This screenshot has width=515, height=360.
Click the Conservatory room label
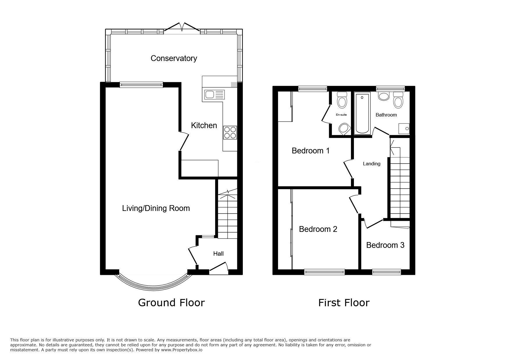point(174,58)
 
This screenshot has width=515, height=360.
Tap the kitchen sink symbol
point(215,94)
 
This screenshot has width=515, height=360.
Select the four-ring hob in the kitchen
point(230,133)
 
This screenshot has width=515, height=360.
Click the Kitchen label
point(204,126)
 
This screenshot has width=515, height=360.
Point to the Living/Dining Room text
point(156,208)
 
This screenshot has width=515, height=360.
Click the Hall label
point(218,254)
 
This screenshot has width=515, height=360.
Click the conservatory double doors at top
point(182,27)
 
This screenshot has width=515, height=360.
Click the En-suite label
point(341,115)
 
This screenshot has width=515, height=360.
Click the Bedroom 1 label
point(311,151)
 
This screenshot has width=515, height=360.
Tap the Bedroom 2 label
point(318,229)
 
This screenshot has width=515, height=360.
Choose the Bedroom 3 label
point(385,245)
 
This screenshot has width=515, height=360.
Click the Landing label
point(371,164)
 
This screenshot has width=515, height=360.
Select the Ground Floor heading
point(171,303)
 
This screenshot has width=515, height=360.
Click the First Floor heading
point(344,303)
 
